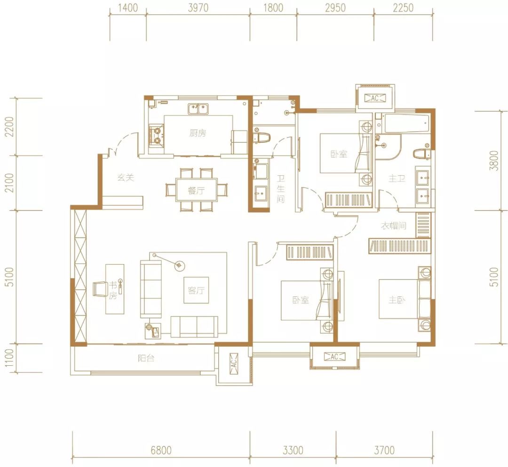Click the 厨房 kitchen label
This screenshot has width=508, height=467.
(x=198, y=133)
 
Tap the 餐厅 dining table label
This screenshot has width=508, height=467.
(x=196, y=190)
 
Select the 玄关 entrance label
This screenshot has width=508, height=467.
(x=126, y=177)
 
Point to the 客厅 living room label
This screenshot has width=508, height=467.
(x=196, y=290)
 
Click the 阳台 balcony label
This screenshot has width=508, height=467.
(x=146, y=358)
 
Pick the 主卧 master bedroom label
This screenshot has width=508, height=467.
(x=397, y=300)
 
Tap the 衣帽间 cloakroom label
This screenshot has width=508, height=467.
(x=394, y=226)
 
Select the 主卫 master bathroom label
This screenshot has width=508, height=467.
(x=397, y=178)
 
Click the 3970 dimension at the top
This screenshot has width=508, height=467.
(x=198, y=8)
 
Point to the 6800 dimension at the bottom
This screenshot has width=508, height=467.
(x=161, y=450)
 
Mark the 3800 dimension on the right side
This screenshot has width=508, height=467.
(x=494, y=160)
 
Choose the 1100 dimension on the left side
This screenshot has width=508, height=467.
(x=9, y=358)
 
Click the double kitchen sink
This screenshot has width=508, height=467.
(x=198, y=108)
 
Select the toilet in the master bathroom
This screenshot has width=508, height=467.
(x=421, y=154)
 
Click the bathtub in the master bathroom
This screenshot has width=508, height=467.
(x=406, y=124)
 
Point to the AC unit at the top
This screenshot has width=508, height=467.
(x=375, y=98)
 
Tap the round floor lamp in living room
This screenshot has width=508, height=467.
(x=179, y=266)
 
